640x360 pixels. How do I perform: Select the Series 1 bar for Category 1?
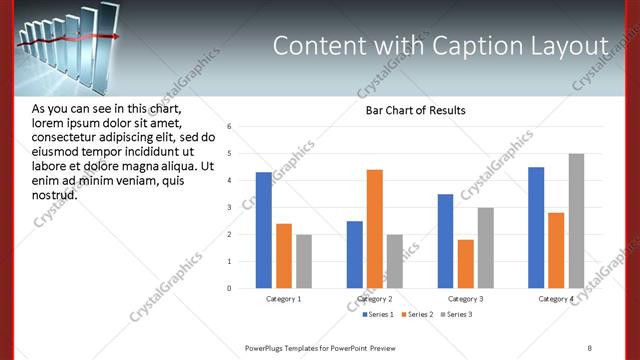click(263, 230)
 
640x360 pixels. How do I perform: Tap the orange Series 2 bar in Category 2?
click(375, 229)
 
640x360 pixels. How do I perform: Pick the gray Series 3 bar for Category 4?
click(576, 221)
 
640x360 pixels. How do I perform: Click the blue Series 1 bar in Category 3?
click(445, 241)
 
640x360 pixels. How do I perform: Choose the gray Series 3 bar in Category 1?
click(303, 261)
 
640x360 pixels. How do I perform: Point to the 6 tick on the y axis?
click(230, 127)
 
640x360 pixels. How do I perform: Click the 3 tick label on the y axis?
click(230, 208)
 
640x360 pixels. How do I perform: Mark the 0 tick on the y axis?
click(230, 289)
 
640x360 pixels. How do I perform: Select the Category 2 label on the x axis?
click(375, 299)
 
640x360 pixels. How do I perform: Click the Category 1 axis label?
click(284, 299)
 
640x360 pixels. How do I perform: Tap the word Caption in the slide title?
click(468, 47)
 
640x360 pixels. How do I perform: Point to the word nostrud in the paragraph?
click(55, 194)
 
